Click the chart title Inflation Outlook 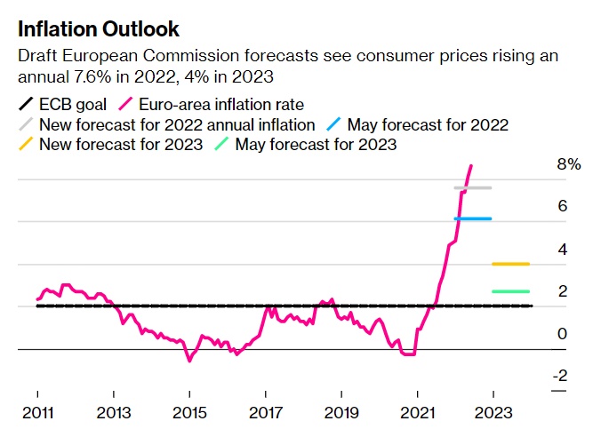(99, 29)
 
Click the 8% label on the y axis (568, 165)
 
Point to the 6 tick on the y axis (562, 206)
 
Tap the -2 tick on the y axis (559, 377)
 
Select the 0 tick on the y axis (562, 334)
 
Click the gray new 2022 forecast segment (472, 187)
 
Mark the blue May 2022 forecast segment (472, 218)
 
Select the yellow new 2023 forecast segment (510, 264)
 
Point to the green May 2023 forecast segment (510, 291)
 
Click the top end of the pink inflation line (471, 165)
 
